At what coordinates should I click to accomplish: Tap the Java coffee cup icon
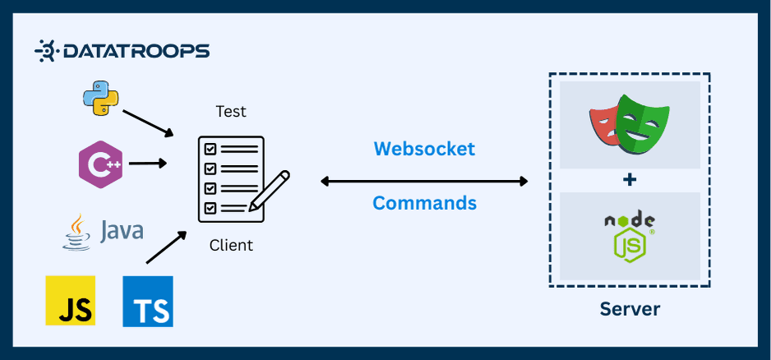[76, 231]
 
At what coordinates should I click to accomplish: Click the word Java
[121, 231]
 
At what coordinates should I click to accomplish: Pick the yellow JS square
[70, 301]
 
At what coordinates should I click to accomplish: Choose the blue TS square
[148, 301]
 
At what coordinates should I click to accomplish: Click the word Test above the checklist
[231, 111]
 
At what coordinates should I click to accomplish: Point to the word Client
[231, 245]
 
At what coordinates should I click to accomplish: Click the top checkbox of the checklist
[210, 149]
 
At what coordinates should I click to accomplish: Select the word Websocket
[424, 149]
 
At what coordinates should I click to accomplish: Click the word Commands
[424, 202]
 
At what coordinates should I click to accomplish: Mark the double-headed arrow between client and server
[424, 181]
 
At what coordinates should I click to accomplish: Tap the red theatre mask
[606, 126]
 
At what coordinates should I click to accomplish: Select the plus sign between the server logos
[630, 180]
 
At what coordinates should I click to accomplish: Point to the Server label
[630, 309]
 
